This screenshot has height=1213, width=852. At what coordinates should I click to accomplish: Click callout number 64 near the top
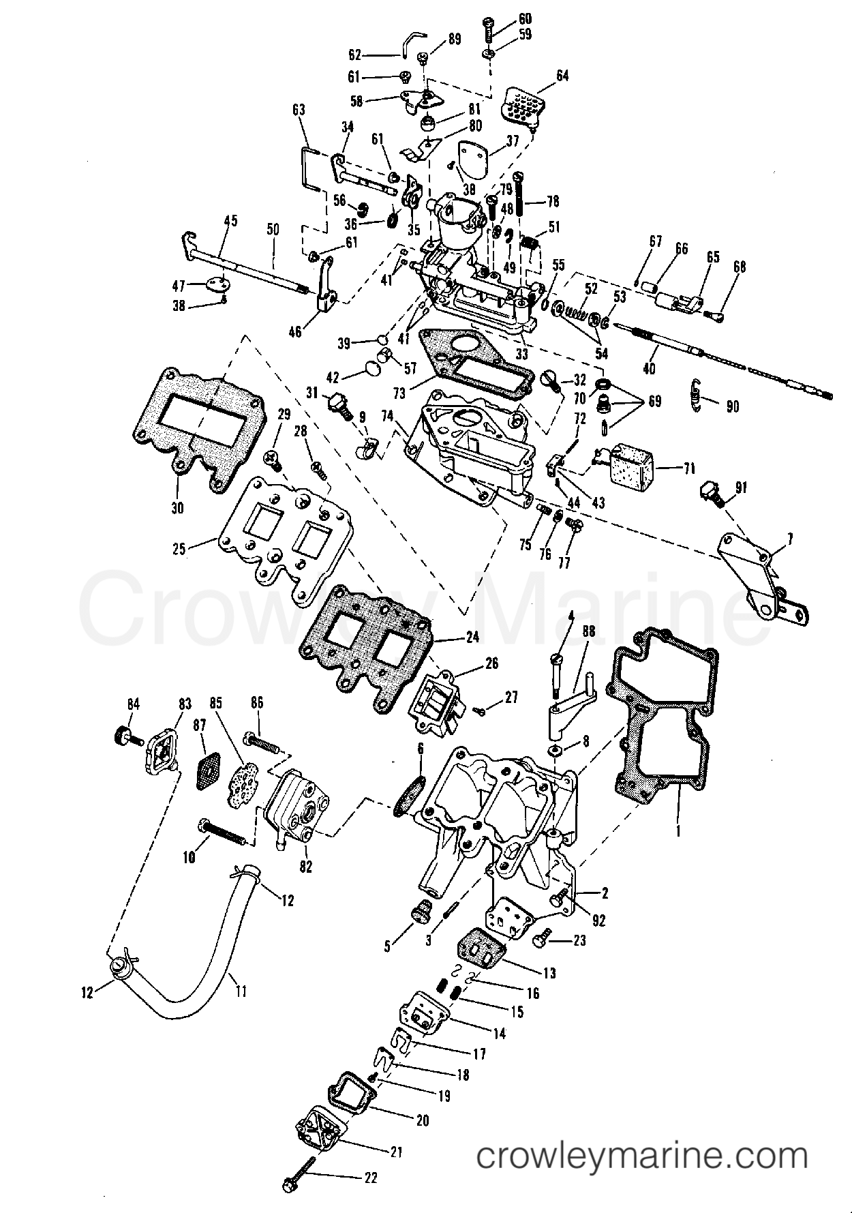[x=562, y=76]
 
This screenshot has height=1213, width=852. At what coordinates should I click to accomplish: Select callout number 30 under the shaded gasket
[x=178, y=507]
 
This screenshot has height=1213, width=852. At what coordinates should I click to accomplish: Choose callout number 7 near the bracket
[x=790, y=540]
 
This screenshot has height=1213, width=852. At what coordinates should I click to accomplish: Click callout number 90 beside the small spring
[x=733, y=406]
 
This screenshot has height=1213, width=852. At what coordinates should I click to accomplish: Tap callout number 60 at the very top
[x=525, y=19]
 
